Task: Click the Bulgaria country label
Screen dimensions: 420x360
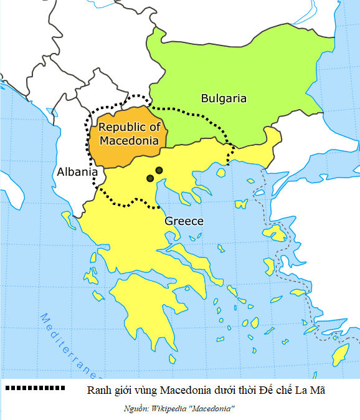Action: [223, 98]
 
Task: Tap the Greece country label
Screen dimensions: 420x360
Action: [184, 221]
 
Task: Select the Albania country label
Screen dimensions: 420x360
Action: [77, 172]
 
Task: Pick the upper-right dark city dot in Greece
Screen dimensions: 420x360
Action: [159, 170]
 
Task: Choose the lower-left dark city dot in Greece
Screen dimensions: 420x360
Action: [150, 179]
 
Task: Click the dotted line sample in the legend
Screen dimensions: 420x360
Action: [35, 388]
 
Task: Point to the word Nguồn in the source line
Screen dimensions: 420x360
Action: [136, 408]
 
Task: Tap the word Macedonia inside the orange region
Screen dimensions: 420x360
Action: [129, 141]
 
